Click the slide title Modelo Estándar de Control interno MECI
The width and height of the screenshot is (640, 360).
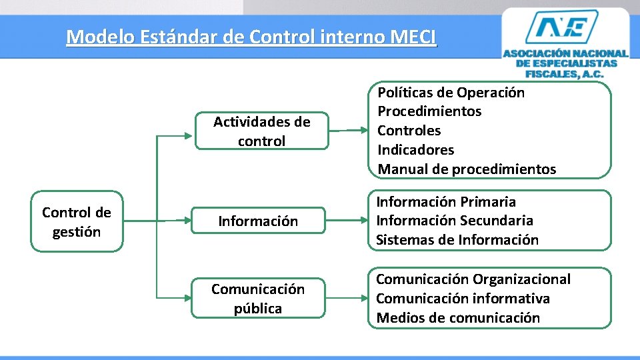coord(251,36)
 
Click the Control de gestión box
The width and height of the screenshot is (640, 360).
coord(77,222)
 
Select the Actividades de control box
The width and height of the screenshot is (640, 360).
coord(261,131)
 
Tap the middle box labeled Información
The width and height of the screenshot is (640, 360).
coord(258,221)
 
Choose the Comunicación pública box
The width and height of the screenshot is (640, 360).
coord(258,299)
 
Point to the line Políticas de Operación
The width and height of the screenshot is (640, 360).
coord(451,93)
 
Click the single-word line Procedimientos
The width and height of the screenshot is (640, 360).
coord(429,111)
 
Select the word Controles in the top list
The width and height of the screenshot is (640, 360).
coord(409,131)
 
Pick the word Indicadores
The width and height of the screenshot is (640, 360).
coord(416,150)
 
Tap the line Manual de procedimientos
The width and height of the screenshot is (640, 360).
coord(467,169)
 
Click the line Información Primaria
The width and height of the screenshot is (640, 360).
coord(446,201)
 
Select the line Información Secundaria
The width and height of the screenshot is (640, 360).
coord(455,220)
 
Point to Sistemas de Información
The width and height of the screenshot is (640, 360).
coord(457,239)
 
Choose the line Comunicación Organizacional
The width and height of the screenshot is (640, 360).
coord(473,279)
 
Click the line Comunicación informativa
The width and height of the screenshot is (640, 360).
coord(463,298)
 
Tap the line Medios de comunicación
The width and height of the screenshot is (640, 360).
coord(458,317)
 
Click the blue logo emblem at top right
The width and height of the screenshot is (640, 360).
coord(565,27)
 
